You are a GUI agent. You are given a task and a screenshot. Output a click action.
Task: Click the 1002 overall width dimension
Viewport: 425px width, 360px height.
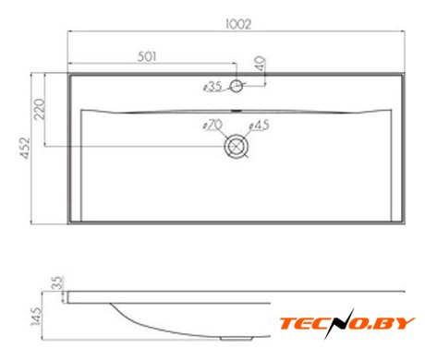pyautogui.click(x=238, y=24)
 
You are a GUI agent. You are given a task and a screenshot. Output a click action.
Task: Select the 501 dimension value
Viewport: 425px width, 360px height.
pyautogui.click(x=147, y=56)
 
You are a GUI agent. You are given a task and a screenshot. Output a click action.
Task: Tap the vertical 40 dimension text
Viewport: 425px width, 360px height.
pyautogui.click(x=261, y=64)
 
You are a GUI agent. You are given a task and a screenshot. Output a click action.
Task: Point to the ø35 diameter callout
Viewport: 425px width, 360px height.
pyautogui.click(x=212, y=87)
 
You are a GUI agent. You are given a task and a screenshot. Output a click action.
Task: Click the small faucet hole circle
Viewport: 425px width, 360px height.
pyautogui.click(x=237, y=86)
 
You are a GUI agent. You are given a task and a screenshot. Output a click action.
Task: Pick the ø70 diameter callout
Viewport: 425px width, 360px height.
pyautogui.click(x=212, y=126)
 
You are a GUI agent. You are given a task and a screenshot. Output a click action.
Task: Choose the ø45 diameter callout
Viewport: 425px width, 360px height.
pyautogui.click(x=259, y=126)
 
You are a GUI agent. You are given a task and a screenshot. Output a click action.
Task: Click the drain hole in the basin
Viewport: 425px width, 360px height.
pyautogui.click(x=237, y=146)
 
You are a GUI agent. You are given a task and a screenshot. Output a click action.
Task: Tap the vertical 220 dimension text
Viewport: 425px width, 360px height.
pyautogui.click(x=40, y=109)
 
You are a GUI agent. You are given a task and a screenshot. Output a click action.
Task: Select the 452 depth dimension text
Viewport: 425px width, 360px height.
pyautogui.click(x=25, y=148)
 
